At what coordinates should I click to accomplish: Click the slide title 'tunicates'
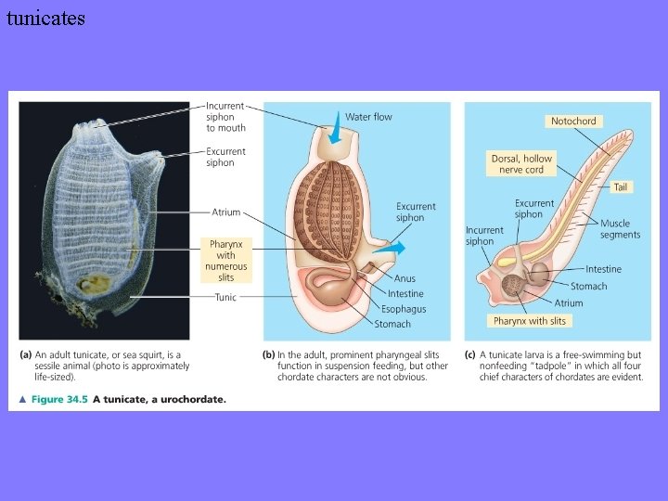(45, 18)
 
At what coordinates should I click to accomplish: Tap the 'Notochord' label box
(573, 122)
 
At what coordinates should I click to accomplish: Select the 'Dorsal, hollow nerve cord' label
(521, 164)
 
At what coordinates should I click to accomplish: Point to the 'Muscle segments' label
(620, 229)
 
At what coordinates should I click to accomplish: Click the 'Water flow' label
(368, 117)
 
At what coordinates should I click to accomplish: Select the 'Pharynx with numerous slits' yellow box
(225, 261)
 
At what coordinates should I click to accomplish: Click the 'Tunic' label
(225, 298)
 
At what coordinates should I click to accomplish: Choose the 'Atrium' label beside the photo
(225, 212)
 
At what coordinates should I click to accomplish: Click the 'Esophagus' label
(404, 308)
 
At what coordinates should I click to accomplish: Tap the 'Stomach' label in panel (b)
(392, 324)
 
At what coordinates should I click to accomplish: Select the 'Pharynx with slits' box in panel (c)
(529, 321)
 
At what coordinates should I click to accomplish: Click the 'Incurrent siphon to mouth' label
(225, 117)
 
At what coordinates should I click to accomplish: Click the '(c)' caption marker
(470, 354)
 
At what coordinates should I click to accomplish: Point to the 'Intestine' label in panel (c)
(603, 270)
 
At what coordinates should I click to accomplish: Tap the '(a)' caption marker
(25, 354)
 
